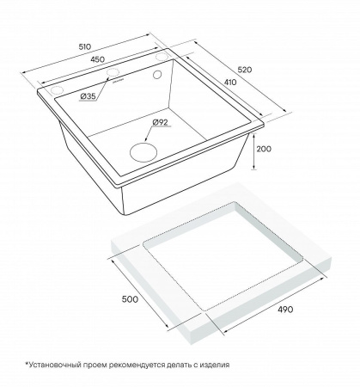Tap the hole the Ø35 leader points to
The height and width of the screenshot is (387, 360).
[x=58, y=89]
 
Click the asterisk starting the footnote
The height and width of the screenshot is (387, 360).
[x=27, y=364]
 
